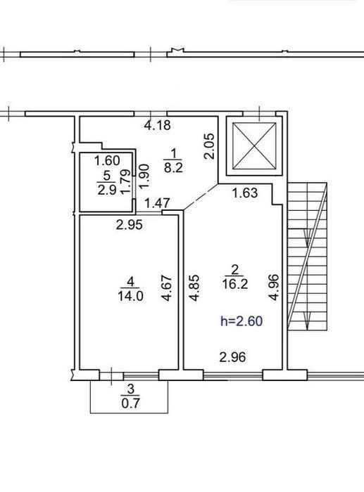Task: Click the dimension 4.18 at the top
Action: pyautogui.click(x=158, y=125)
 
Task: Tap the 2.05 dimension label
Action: pyautogui.click(x=208, y=146)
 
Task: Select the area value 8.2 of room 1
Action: pyautogui.click(x=173, y=168)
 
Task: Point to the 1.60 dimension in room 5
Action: pyautogui.click(x=107, y=161)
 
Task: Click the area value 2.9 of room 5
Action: pyautogui.click(x=107, y=190)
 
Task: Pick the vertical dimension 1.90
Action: pyautogui.click(x=144, y=176)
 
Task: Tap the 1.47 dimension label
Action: pyautogui.click(x=157, y=203)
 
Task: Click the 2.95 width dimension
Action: pyautogui.click(x=129, y=225)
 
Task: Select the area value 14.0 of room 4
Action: pyautogui.click(x=130, y=296)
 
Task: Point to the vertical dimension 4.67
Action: pyautogui.click(x=167, y=288)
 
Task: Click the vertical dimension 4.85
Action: pyautogui.click(x=194, y=287)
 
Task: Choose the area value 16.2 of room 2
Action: pyautogui.click(x=235, y=284)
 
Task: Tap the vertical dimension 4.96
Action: pyautogui.click(x=274, y=287)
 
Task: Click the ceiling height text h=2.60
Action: pyautogui.click(x=241, y=321)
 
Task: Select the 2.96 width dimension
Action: pyautogui.click(x=232, y=357)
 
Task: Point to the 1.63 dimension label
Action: pyautogui.click(x=245, y=193)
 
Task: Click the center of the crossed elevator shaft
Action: pyautogui.click(x=254, y=146)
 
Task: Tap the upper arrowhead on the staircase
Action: pyautogui.click(x=307, y=238)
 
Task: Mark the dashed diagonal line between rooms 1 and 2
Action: pyautogui.click(x=201, y=197)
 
